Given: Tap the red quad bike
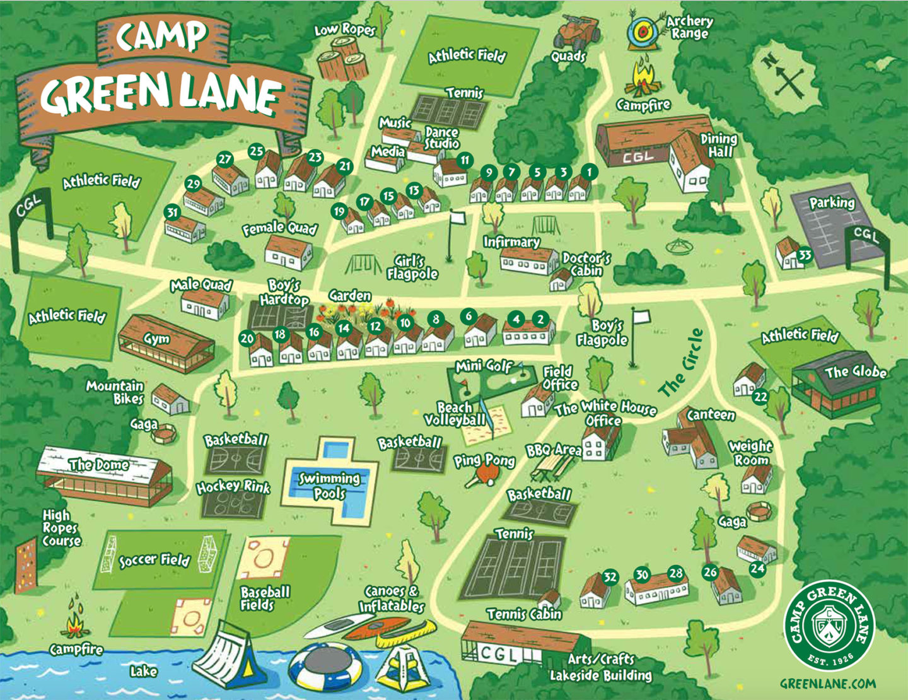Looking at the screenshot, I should click(571, 32).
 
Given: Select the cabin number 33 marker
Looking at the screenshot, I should click(805, 255).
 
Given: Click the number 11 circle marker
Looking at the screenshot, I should click(465, 160).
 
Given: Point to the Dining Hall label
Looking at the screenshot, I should click(719, 145).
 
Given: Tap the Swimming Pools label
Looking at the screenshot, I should click(329, 486).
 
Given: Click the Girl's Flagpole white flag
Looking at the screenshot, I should click(457, 218).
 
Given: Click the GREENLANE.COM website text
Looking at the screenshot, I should click(828, 684).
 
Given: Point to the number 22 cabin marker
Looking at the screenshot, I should click(761, 396).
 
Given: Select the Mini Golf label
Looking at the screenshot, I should click(484, 366).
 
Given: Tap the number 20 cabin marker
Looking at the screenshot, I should click(247, 339).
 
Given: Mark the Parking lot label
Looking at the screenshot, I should click(832, 203).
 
